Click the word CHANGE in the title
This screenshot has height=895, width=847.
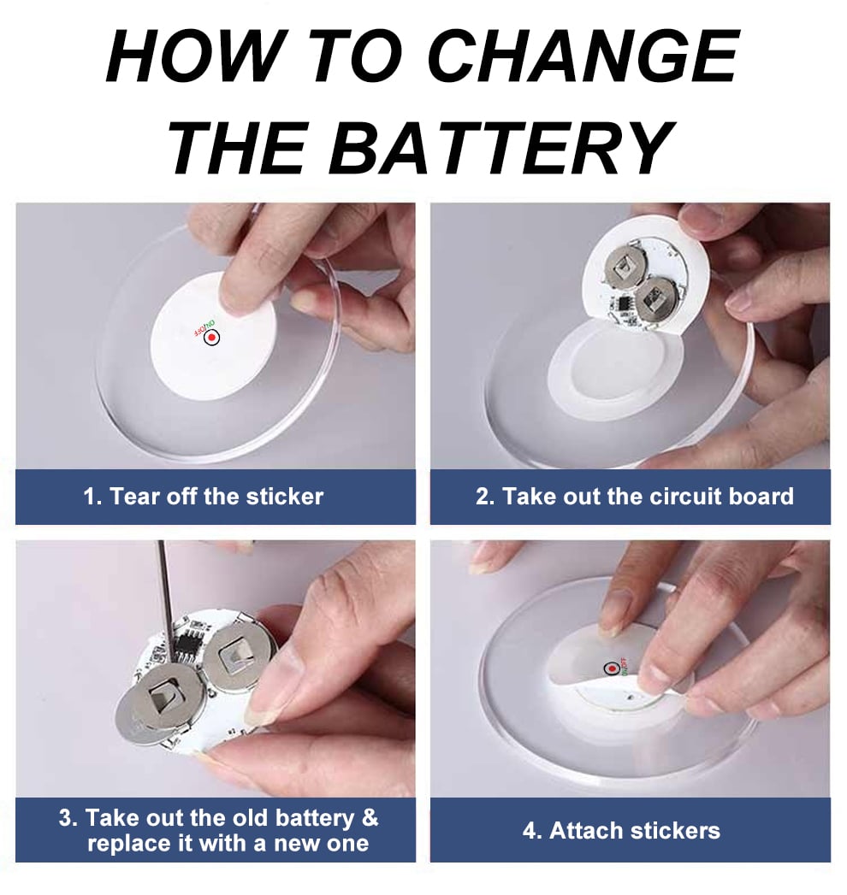(583, 56)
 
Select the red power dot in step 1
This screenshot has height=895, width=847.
(212, 338)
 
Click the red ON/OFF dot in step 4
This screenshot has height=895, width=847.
(612, 668)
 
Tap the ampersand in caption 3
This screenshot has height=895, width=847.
(370, 817)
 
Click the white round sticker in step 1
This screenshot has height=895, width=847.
(213, 336)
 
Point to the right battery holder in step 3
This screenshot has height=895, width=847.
(240, 656)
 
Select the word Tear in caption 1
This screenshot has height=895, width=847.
(133, 496)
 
